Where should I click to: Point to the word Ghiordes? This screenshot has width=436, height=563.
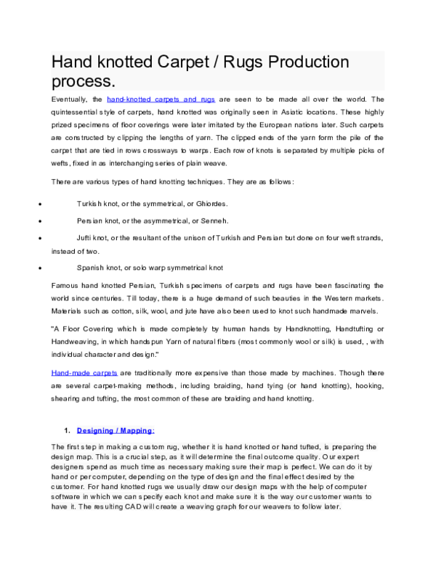209,204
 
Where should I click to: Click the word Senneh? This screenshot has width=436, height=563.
212,221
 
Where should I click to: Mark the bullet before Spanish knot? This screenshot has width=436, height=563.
47,268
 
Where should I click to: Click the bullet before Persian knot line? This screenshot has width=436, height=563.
47,221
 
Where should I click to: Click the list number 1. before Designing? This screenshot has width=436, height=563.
66,430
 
